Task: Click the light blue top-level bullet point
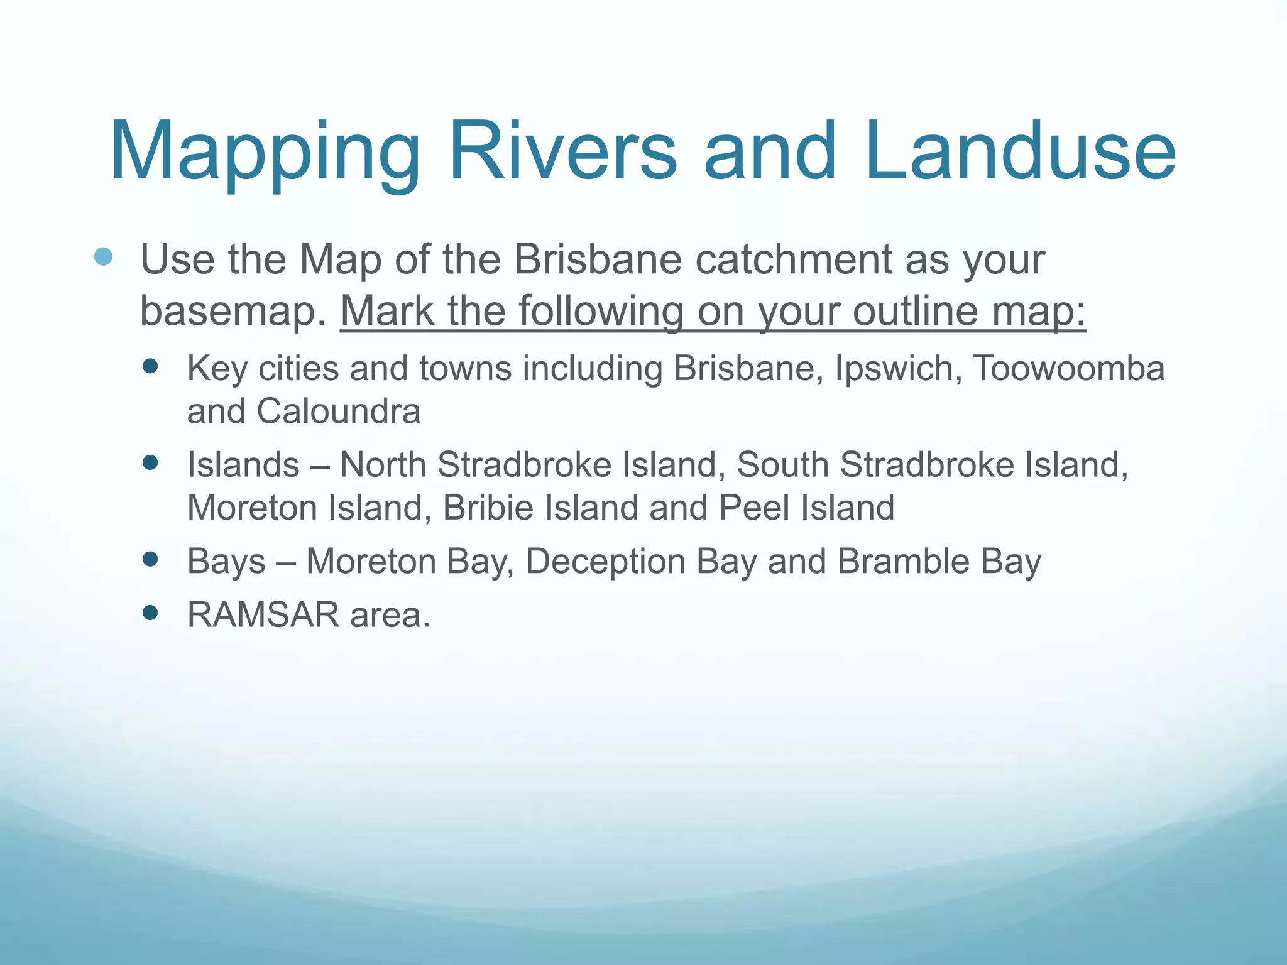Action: coord(103,256)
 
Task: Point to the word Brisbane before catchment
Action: coord(598,259)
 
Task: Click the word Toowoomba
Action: coord(1069,368)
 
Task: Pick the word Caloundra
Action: coord(338,412)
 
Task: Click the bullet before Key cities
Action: coord(150,366)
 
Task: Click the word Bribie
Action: coord(488,508)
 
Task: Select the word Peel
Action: coord(754,508)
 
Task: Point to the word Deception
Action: coord(605,561)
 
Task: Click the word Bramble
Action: coord(904,561)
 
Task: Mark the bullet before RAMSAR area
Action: coord(150,613)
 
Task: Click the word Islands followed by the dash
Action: coord(243,465)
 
